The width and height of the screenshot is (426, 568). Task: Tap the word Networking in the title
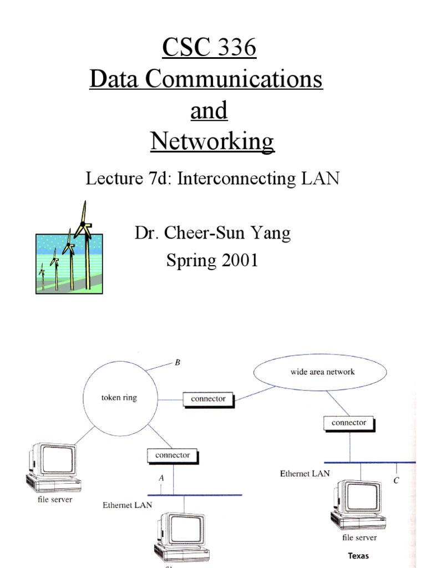[212, 141]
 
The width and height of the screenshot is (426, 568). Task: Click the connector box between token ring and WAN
[208, 398]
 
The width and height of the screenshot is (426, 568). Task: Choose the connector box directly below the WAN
[349, 423]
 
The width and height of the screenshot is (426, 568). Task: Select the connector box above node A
[173, 455]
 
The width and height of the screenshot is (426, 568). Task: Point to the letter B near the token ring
[177, 363]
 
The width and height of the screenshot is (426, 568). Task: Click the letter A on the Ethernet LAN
[161, 478]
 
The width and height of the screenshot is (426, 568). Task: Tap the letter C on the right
[396, 481]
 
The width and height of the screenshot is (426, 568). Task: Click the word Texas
[358, 555]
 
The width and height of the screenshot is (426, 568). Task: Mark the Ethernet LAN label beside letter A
[128, 505]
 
